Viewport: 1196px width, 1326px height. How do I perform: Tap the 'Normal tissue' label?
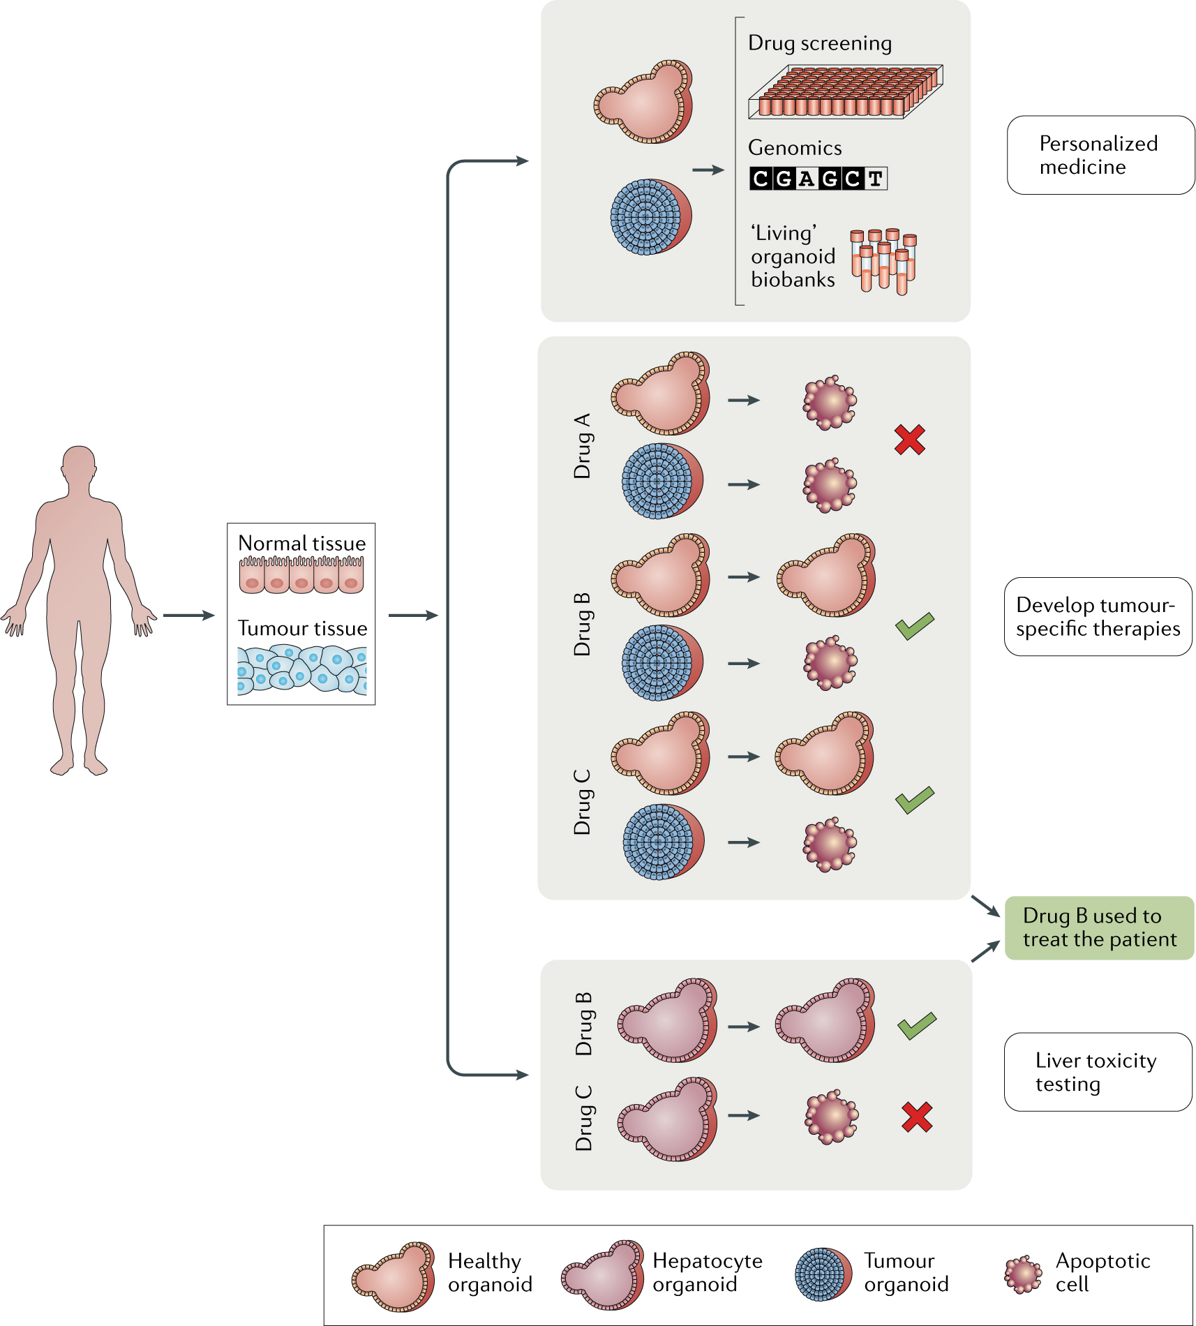click(x=301, y=543)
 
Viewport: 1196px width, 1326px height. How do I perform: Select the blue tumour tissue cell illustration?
click(x=301, y=669)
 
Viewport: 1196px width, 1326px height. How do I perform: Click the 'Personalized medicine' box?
click(x=1100, y=155)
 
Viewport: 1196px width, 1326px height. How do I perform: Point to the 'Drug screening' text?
click(x=819, y=43)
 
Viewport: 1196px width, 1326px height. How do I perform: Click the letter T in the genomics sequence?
click(x=875, y=179)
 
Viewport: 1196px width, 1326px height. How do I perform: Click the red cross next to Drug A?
click(x=909, y=440)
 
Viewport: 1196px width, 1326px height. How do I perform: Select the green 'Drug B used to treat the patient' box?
click(x=1099, y=928)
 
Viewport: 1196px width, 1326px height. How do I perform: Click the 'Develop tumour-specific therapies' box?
click(x=1098, y=616)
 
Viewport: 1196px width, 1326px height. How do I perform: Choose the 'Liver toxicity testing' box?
click(x=1098, y=1072)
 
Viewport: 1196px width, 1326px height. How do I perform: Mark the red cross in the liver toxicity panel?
click(x=916, y=1117)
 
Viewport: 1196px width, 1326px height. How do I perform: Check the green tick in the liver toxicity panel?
click(x=916, y=1025)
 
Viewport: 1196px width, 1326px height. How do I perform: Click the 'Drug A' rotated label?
click(x=582, y=446)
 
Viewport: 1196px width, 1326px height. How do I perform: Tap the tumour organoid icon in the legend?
click(x=823, y=1274)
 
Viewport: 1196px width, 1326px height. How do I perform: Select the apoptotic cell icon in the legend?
click(x=1022, y=1274)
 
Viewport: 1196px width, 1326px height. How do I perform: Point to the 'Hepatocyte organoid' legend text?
click(x=707, y=1272)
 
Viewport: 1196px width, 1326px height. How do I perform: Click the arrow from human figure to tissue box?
click(x=188, y=616)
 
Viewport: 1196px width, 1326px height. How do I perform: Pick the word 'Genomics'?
click(x=794, y=148)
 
